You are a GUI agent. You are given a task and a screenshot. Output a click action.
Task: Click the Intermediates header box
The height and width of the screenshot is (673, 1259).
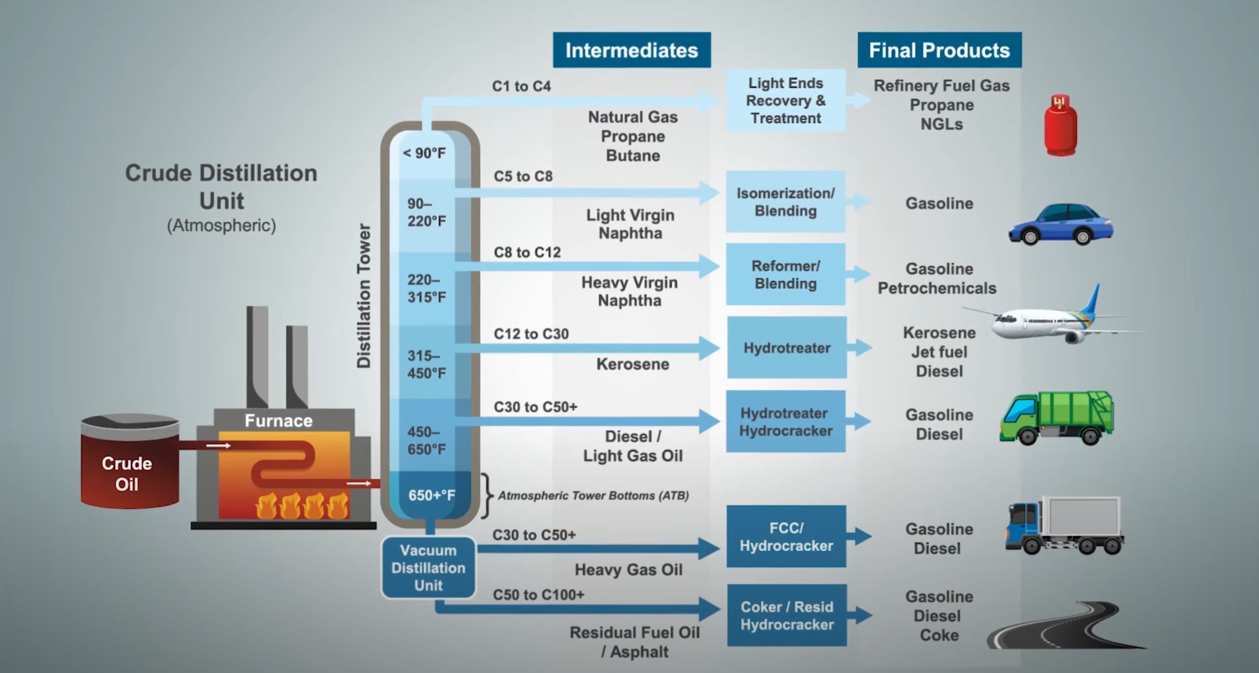[x=631, y=50]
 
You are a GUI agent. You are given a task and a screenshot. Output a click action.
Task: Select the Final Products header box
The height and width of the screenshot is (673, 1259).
[x=939, y=50]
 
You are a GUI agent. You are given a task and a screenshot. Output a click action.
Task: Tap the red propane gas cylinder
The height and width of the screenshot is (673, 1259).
[x=1060, y=126]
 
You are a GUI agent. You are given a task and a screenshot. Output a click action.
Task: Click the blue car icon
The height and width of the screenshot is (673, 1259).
[x=1061, y=224]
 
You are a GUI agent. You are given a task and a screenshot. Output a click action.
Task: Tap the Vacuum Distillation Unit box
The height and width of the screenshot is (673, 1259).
[x=428, y=567]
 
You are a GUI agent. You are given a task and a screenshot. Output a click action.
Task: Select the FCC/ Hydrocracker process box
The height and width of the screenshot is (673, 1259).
[x=786, y=536]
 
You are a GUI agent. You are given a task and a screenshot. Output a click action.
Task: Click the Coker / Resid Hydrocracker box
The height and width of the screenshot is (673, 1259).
[x=786, y=615]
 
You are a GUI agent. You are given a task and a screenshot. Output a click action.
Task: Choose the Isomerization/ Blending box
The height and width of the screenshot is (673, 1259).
[x=785, y=202]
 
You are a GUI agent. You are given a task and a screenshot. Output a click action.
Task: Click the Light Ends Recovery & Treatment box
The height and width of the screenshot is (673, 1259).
[x=785, y=100]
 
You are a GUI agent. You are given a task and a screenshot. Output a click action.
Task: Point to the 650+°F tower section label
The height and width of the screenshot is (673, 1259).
[x=431, y=495]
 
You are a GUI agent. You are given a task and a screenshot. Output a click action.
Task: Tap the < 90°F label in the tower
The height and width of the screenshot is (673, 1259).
[x=424, y=153]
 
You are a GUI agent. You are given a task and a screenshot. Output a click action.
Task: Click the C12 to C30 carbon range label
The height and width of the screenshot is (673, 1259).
[x=531, y=334]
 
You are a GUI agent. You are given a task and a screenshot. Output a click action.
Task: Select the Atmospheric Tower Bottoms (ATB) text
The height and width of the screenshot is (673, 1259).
[x=593, y=496]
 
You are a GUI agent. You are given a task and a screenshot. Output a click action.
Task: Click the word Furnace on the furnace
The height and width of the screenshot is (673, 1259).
[x=278, y=420]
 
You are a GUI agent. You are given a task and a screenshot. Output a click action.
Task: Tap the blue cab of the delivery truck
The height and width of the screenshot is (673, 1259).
[x=1022, y=525]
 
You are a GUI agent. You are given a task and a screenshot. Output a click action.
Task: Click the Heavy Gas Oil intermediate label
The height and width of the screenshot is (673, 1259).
[x=628, y=570]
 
